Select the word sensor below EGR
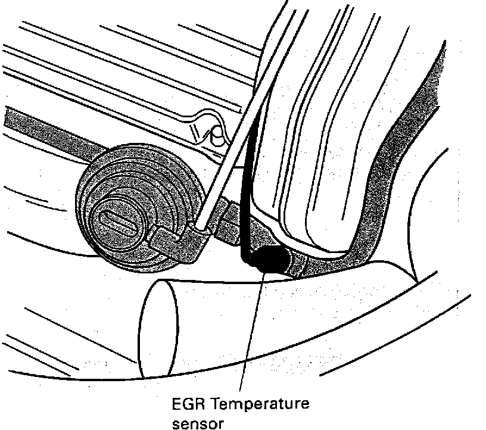196,424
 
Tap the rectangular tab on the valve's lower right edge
167,238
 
